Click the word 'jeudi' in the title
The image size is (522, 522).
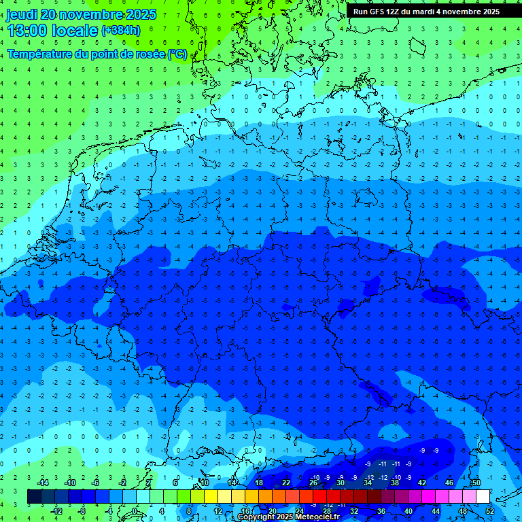22,14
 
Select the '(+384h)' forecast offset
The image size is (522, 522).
121,30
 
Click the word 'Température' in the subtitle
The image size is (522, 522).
40,53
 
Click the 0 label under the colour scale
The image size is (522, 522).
135,511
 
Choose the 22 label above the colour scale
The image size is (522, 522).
286,483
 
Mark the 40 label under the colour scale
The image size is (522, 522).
408,511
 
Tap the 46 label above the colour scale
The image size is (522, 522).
449,483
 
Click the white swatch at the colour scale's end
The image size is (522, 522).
483,497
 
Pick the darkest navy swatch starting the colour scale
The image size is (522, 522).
34,497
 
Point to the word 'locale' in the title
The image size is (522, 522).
72,30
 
